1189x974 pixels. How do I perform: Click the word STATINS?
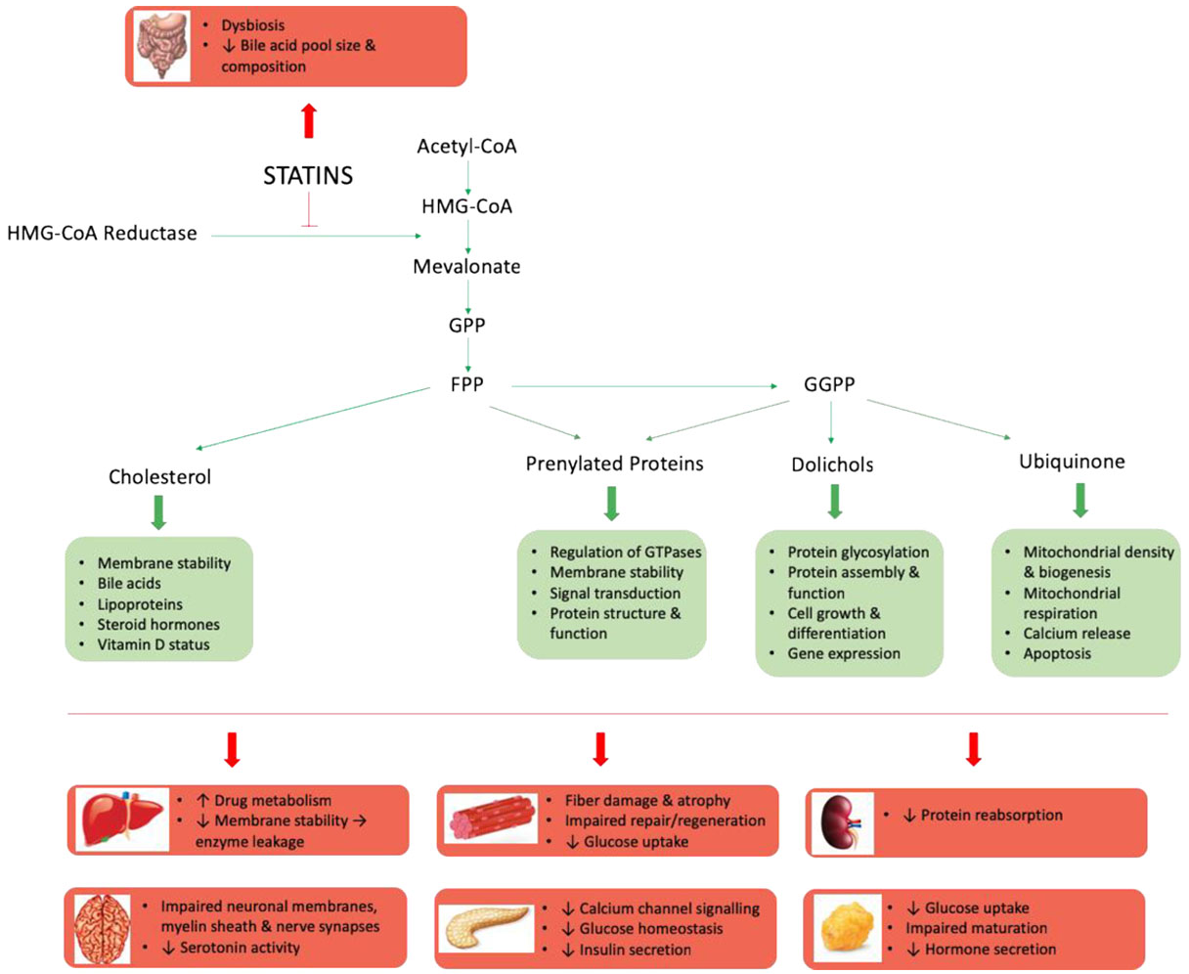[x=308, y=175]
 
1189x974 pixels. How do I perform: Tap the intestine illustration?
[x=161, y=46]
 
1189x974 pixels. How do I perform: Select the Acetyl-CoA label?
[x=466, y=147]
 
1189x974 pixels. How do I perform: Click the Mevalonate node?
[x=466, y=266]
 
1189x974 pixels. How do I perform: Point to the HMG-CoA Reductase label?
[x=102, y=233]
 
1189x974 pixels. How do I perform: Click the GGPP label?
[x=829, y=384]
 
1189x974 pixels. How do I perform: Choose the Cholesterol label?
[x=159, y=476]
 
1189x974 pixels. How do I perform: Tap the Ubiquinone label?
[x=1072, y=462]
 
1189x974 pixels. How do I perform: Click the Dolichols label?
[x=832, y=465]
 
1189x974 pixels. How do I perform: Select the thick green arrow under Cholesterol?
[x=159, y=512]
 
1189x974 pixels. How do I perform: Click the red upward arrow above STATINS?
[x=308, y=120]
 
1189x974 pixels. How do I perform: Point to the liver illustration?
[x=122, y=819]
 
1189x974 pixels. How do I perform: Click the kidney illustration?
[x=843, y=822]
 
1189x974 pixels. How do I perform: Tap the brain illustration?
[x=103, y=929]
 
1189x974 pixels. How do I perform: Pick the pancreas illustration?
[x=487, y=928]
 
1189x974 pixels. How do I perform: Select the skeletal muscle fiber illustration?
[x=491, y=818]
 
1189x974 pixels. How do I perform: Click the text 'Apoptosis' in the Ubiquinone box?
[x=1057, y=653]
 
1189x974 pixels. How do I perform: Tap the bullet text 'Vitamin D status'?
[x=154, y=644]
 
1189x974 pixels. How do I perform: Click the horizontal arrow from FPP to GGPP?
[x=644, y=386]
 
